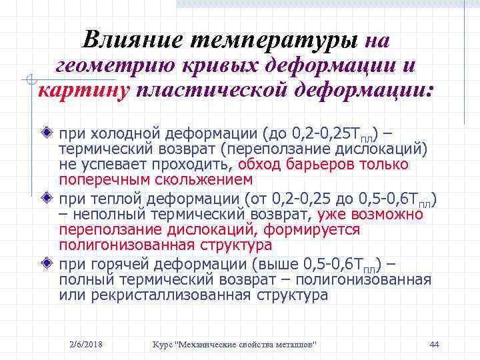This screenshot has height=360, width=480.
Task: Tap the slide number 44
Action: (434, 344)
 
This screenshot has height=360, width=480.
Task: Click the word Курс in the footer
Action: (162, 344)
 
